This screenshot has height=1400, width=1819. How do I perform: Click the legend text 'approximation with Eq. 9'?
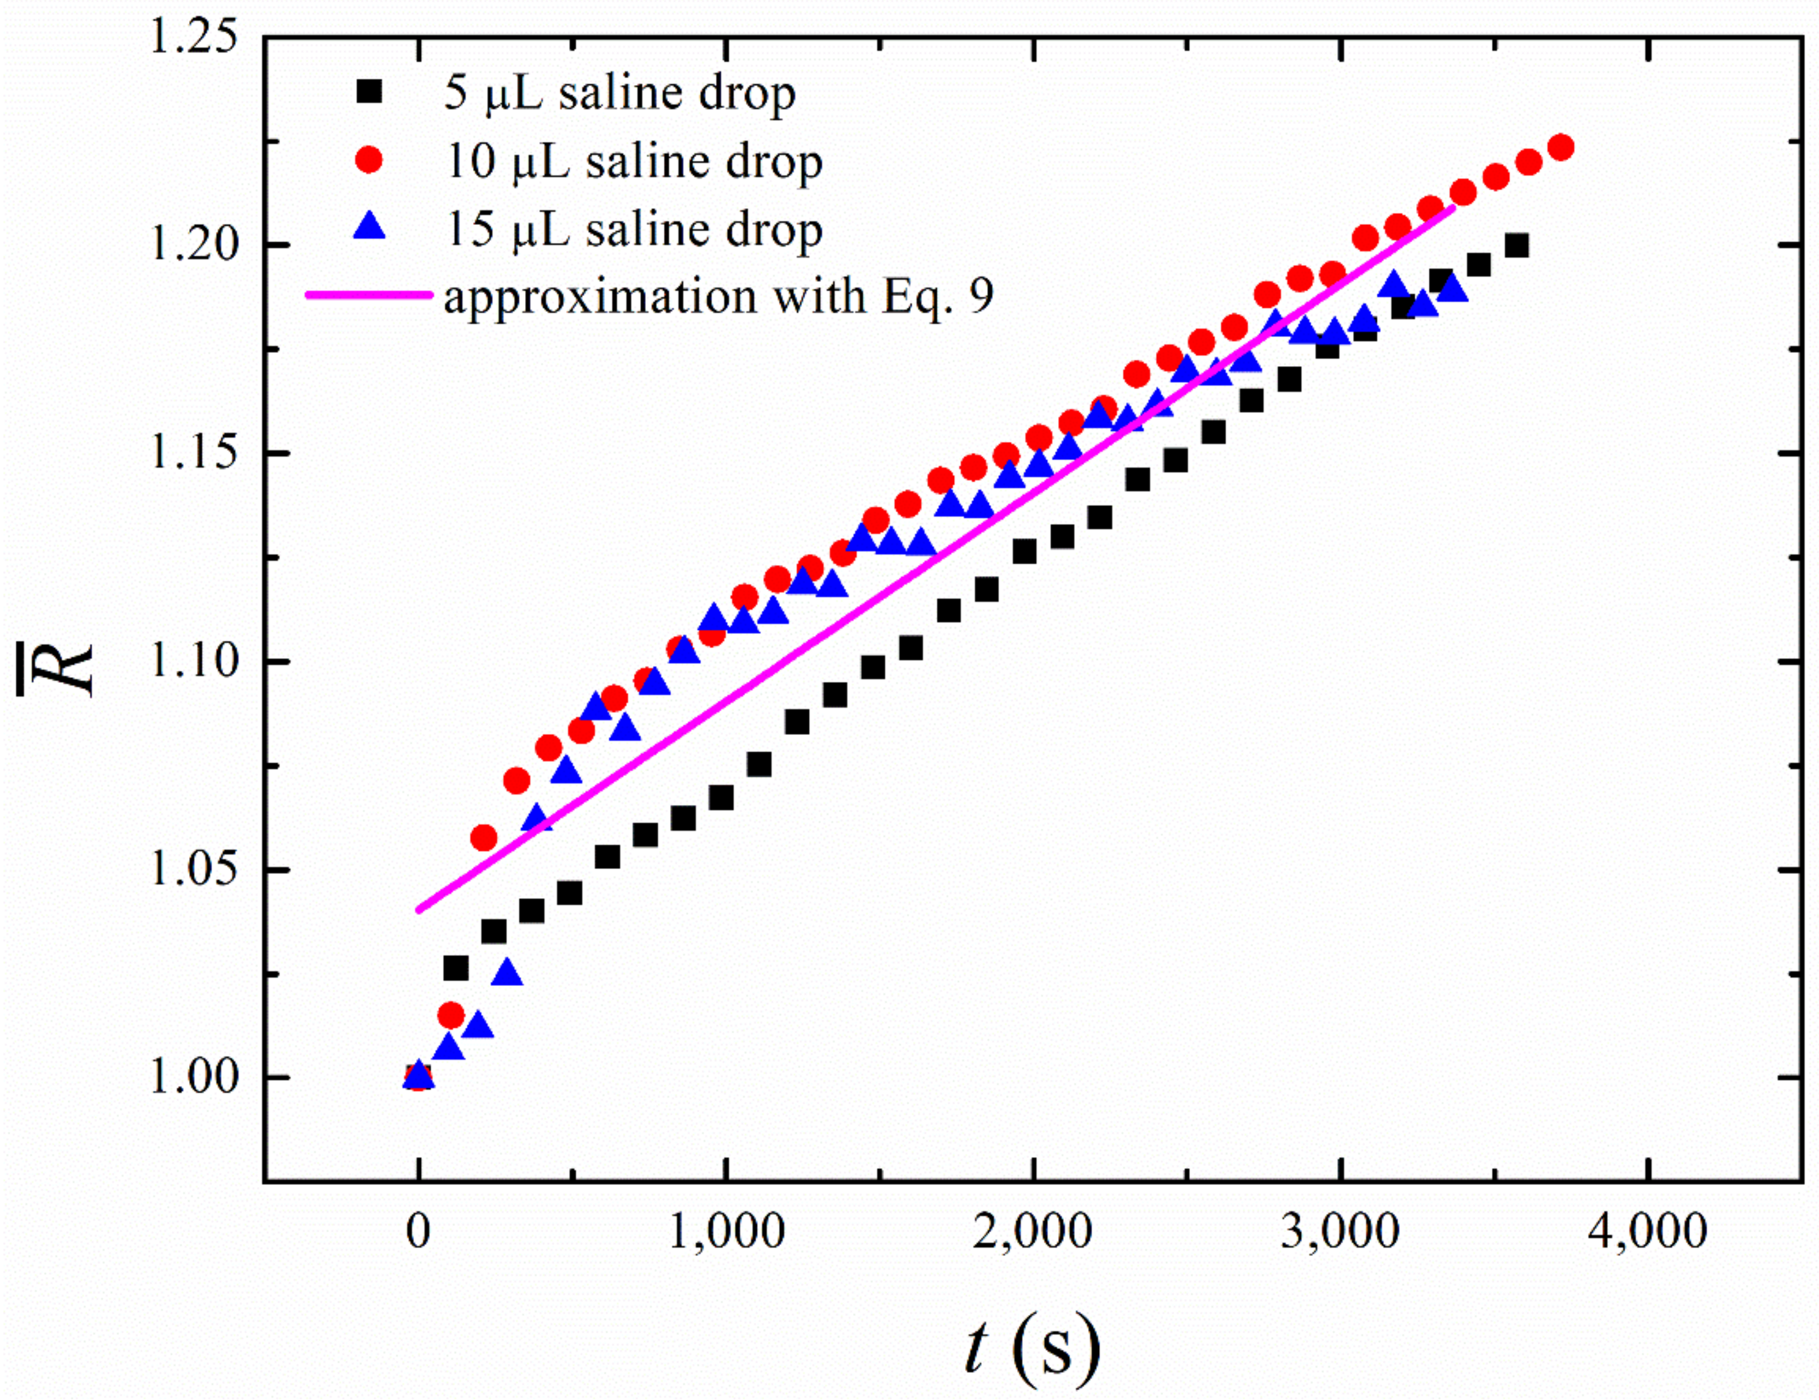(x=718, y=297)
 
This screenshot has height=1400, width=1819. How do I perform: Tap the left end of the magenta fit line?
(x=419, y=910)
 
